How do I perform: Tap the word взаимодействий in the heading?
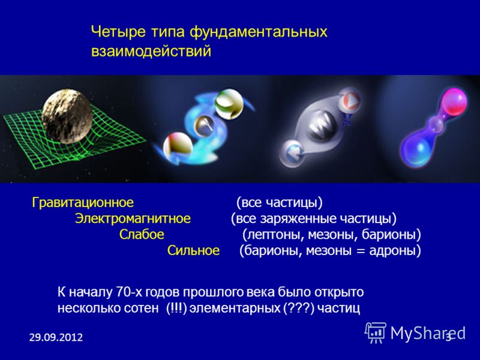(151, 51)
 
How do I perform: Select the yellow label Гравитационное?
(83, 203)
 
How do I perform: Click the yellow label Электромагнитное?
(133, 218)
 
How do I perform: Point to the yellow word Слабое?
(142, 235)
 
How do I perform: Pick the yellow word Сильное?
(193, 250)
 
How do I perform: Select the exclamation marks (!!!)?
(176, 308)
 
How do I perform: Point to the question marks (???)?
(299, 308)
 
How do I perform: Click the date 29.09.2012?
(56, 337)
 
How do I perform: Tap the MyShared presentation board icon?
(376, 332)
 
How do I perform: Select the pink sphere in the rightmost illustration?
(454, 101)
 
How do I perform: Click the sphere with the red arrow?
(350, 100)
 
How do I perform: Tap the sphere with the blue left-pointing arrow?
(293, 152)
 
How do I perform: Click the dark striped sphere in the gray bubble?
(322, 125)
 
